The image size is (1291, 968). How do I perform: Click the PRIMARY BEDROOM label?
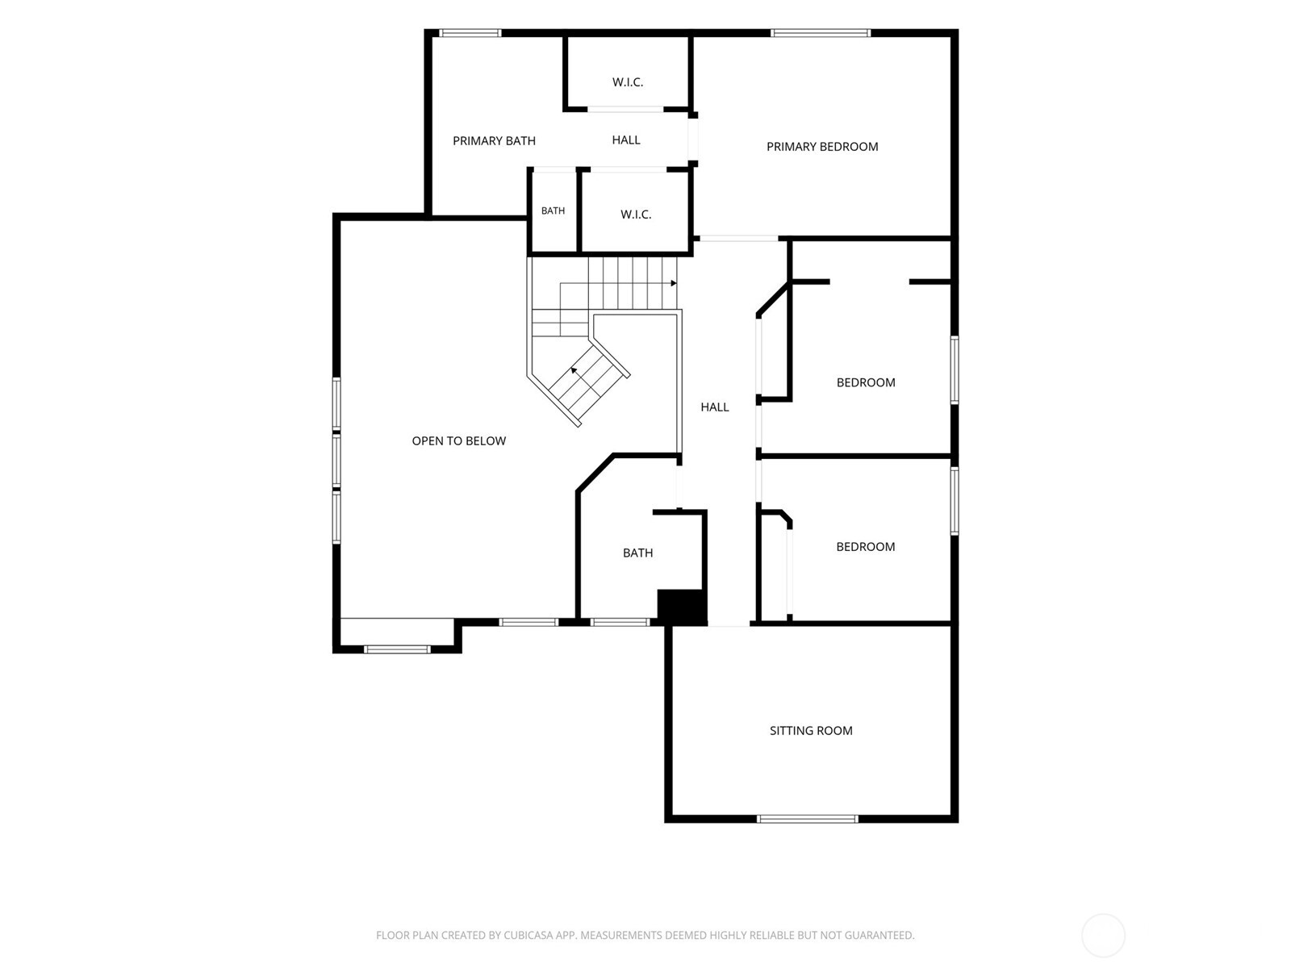[821, 147]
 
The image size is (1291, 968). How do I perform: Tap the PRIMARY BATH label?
[494, 141]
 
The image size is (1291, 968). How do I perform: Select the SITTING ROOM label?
[811, 731]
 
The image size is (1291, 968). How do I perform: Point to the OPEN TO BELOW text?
[459, 440]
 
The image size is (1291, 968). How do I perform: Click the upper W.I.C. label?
[628, 82]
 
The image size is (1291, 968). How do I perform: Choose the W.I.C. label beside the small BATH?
[636, 215]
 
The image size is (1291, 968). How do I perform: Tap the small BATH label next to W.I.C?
[553, 211]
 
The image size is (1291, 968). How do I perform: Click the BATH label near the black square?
[637, 553]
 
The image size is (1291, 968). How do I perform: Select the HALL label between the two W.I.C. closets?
[626, 140]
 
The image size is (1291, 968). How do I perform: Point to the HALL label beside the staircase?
[715, 407]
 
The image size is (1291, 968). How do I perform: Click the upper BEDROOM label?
[866, 382]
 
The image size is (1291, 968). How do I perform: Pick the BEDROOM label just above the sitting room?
[866, 547]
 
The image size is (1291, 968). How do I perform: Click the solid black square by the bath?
[680, 606]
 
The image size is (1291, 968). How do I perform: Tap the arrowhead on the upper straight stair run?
[674, 283]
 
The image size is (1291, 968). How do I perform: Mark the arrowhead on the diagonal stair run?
[574, 370]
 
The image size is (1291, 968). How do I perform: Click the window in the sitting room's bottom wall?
[808, 819]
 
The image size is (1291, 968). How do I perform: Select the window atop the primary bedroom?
[821, 33]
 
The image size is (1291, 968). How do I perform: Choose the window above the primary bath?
[470, 33]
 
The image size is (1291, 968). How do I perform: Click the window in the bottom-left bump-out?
[397, 649]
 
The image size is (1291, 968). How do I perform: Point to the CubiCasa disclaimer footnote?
[645, 935]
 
